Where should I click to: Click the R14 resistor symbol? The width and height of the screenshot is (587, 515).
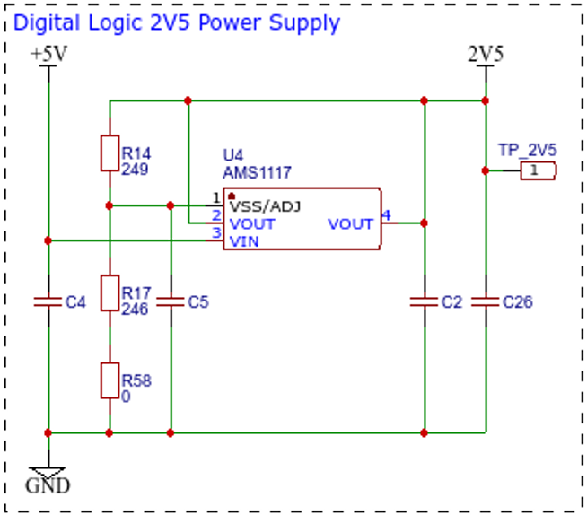click(x=110, y=153)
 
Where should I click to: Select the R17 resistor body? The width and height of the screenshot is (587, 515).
click(x=110, y=293)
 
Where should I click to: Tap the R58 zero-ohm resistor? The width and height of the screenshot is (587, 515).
click(x=110, y=380)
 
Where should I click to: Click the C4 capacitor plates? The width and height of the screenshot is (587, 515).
click(x=48, y=301)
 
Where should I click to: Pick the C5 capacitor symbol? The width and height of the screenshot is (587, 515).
click(x=171, y=301)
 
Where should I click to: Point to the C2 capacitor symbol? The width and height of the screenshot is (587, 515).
click(x=425, y=301)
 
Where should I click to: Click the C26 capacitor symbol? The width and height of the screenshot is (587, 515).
click(x=486, y=301)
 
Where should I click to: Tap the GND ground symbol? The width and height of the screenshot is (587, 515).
click(x=48, y=472)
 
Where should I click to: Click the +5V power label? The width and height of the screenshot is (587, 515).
click(x=49, y=54)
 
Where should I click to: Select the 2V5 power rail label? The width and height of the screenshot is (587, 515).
click(x=486, y=54)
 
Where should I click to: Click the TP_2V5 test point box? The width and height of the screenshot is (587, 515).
click(x=539, y=170)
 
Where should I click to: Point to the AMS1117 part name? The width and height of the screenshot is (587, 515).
click(x=257, y=173)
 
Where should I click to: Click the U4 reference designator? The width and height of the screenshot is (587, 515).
click(x=232, y=155)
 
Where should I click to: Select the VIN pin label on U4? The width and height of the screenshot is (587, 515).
click(x=244, y=241)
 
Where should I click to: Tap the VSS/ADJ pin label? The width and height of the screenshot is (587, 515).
click(x=265, y=206)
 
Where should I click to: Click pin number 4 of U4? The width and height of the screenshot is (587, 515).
click(x=386, y=215)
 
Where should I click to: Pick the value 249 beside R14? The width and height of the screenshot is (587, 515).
click(x=135, y=170)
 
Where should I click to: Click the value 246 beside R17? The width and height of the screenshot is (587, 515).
click(x=135, y=310)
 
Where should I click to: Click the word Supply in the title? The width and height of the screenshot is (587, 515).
click(x=304, y=23)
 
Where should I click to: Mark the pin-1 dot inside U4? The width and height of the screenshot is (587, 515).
click(x=232, y=196)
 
